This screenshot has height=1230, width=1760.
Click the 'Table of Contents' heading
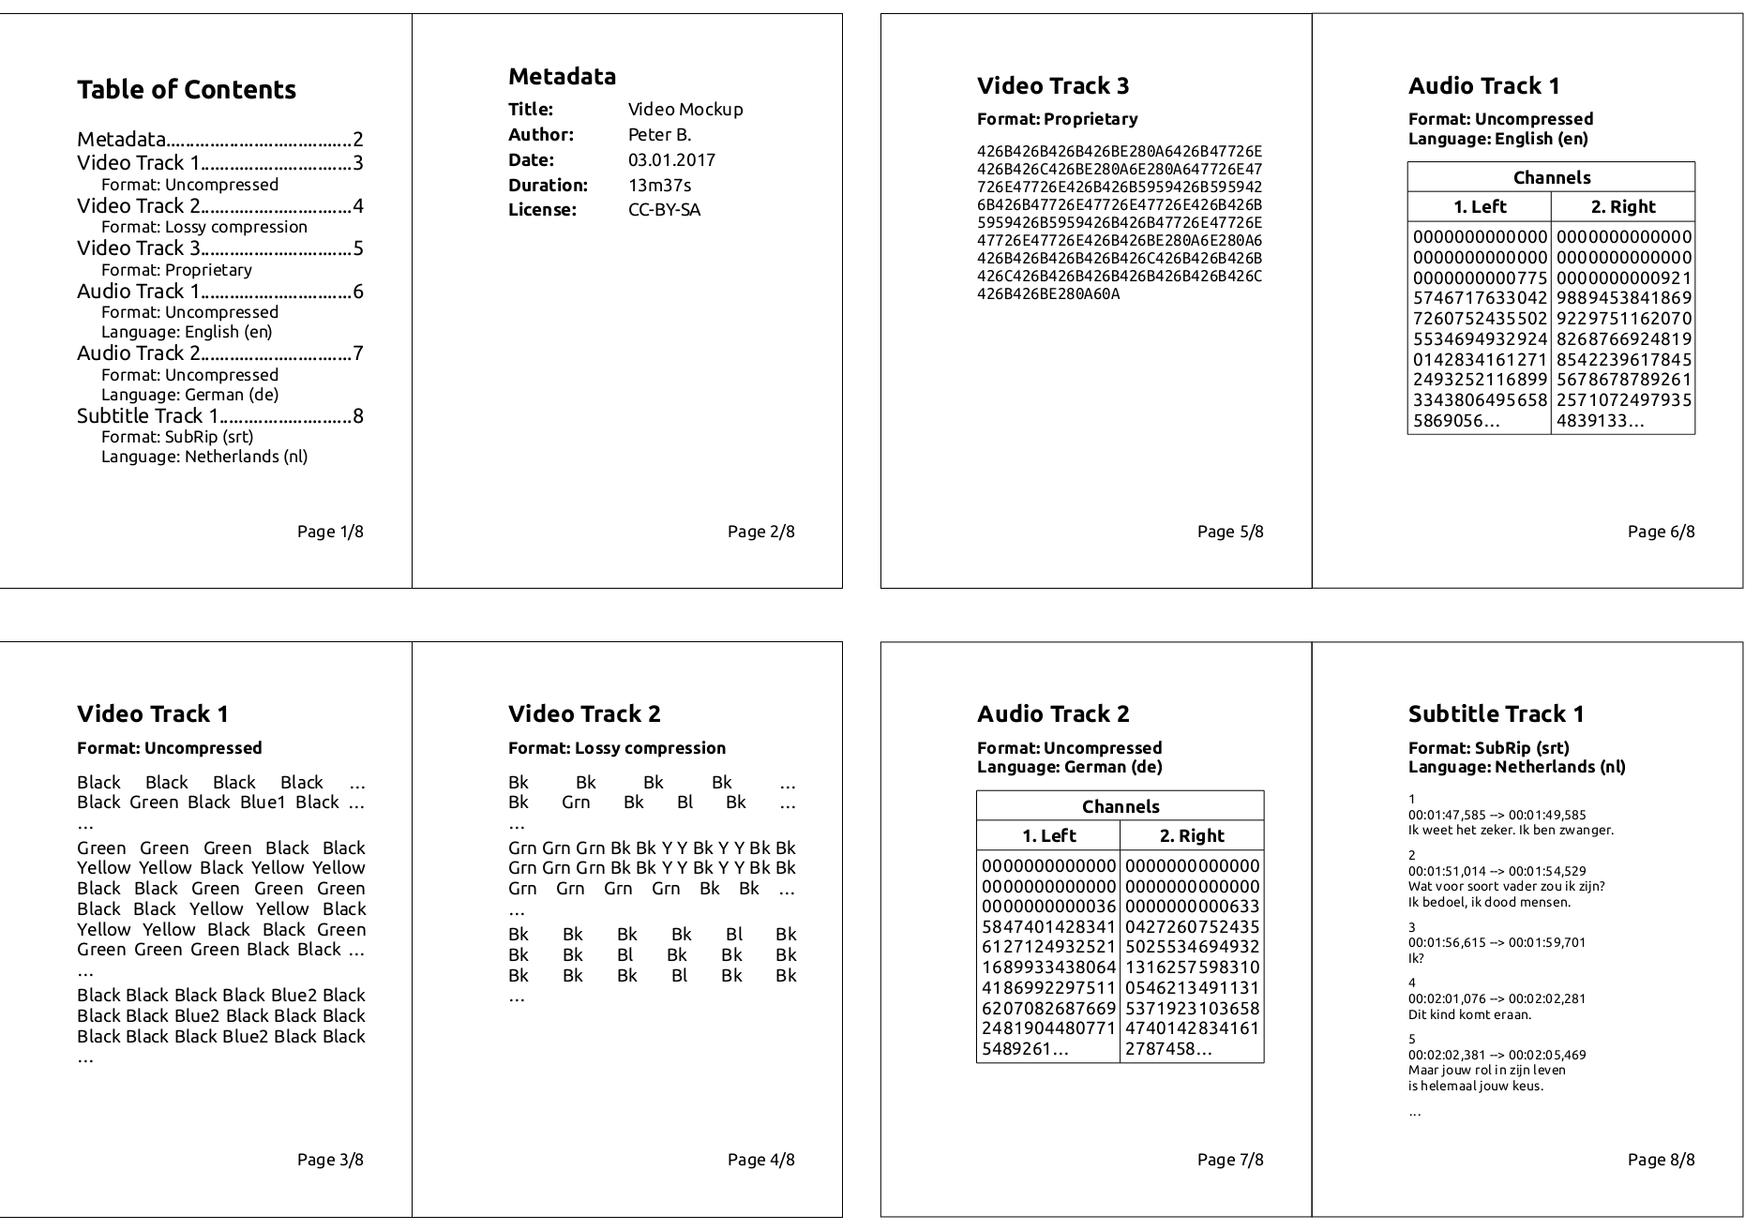click(186, 90)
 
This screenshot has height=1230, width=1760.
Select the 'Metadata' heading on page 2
click(562, 77)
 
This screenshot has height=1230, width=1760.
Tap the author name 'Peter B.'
click(659, 134)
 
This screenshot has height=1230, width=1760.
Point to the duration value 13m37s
click(659, 185)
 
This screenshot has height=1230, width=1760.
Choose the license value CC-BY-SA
click(664, 209)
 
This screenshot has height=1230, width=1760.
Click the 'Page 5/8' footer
click(1229, 532)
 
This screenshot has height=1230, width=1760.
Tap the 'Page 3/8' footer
click(330, 1160)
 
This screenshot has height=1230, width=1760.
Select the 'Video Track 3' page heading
click(1052, 86)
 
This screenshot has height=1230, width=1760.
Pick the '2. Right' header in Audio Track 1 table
click(1622, 206)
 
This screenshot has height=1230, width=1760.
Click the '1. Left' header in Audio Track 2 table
click(1048, 835)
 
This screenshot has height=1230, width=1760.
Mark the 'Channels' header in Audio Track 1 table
click(1551, 177)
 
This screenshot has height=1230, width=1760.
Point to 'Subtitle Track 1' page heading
click(1496, 714)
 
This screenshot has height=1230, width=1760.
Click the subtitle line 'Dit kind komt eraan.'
click(1468, 1014)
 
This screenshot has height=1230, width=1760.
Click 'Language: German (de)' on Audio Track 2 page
click(1069, 767)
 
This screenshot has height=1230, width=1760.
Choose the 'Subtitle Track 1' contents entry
click(147, 415)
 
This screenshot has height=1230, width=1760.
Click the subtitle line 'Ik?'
click(1416, 958)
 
